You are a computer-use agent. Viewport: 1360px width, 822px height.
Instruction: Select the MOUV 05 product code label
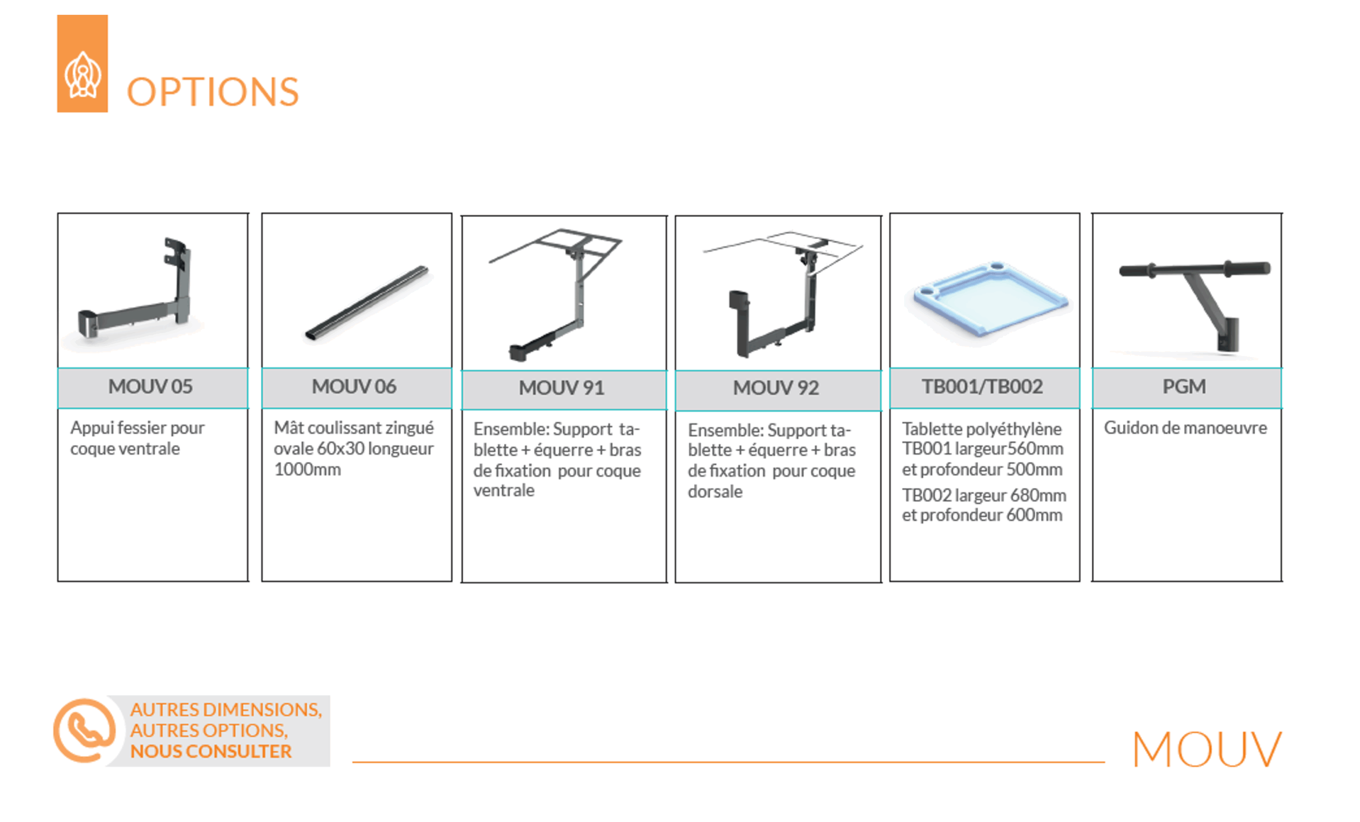pyautogui.click(x=150, y=386)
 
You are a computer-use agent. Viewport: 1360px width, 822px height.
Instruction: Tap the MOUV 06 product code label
pyautogui.click(x=354, y=386)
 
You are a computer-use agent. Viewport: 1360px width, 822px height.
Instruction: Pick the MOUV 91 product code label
pyautogui.click(x=562, y=387)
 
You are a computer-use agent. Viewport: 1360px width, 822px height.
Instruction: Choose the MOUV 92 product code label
pyautogui.click(x=776, y=387)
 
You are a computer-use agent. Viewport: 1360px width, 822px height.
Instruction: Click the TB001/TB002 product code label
pyautogui.click(x=982, y=386)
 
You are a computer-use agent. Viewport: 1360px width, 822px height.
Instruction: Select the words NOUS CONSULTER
pyautogui.click(x=210, y=751)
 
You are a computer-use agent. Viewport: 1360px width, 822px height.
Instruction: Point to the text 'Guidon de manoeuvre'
pyautogui.click(x=1185, y=428)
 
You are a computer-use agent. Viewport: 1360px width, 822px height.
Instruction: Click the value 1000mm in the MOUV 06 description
pyautogui.click(x=308, y=469)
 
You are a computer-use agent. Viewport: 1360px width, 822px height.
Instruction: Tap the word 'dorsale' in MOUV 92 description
pyautogui.click(x=715, y=491)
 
